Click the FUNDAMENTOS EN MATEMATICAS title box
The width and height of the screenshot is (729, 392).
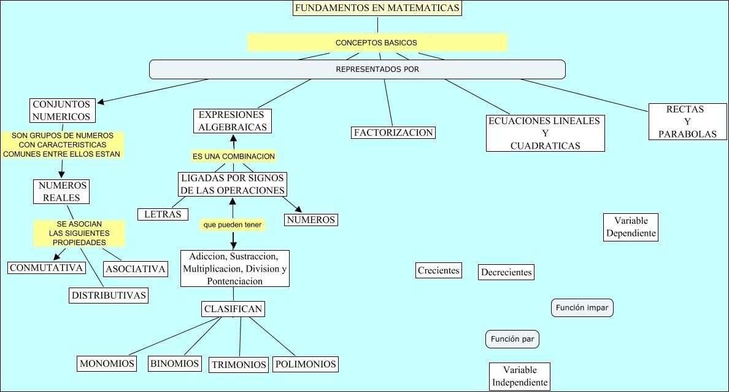point(377,9)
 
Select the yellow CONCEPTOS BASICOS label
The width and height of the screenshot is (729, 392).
point(377,42)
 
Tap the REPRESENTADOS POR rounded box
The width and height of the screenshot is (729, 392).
point(357,69)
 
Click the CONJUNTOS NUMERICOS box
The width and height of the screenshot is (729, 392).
point(61,111)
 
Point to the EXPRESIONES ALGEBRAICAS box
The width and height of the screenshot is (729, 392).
point(232,121)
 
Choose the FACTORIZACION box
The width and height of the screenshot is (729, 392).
point(393,132)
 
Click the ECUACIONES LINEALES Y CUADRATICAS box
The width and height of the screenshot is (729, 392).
point(544,133)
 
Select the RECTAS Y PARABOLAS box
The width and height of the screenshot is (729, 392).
point(688,122)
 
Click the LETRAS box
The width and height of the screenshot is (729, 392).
point(163,214)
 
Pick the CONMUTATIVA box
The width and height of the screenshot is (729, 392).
point(46,267)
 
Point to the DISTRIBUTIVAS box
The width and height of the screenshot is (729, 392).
point(109,295)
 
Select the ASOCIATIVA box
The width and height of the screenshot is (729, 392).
point(135,269)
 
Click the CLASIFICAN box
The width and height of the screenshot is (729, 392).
point(233,308)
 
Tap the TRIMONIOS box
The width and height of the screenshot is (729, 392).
point(239,364)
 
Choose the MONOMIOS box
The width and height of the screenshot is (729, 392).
point(107,363)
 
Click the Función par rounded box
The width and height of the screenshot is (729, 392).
point(512,339)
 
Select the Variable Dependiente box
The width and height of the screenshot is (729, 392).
point(630,227)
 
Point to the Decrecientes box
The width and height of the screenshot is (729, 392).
point(506,272)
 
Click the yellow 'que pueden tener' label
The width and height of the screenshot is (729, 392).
point(233,225)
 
